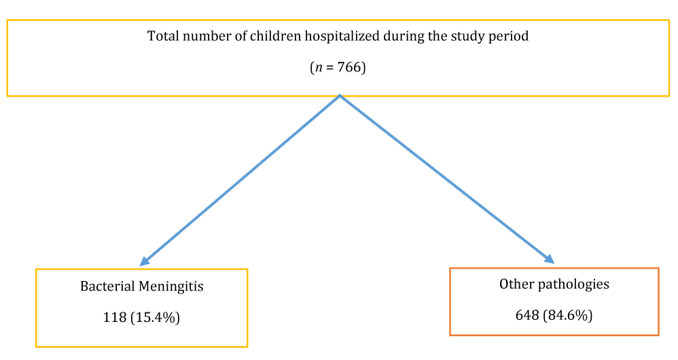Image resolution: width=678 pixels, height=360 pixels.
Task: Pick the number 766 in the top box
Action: [x=349, y=67]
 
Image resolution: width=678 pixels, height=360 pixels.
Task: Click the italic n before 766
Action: [x=319, y=69]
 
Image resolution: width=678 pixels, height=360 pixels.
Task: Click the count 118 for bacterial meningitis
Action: [x=114, y=318]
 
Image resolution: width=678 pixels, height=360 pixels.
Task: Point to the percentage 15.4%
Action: [x=155, y=318]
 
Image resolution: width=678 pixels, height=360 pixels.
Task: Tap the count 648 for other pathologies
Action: [x=527, y=315]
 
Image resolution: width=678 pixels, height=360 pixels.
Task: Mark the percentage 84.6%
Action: [x=567, y=316]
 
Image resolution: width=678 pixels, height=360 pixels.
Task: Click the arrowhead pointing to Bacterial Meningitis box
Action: [x=145, y=261]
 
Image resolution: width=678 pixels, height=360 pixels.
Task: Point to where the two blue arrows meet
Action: [x=340, y=96]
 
